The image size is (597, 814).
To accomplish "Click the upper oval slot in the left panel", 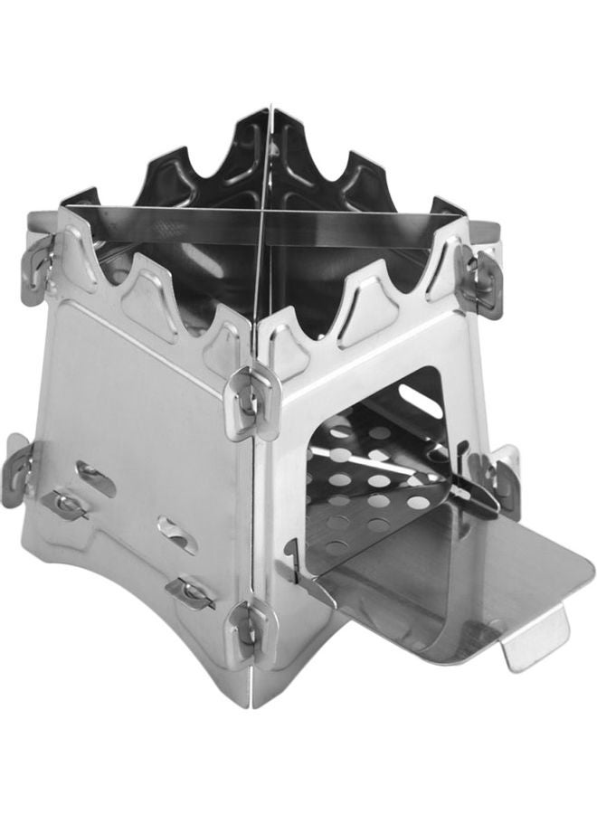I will tap(95, 478).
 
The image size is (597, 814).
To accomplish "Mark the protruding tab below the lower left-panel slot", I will tap(190, 591).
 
